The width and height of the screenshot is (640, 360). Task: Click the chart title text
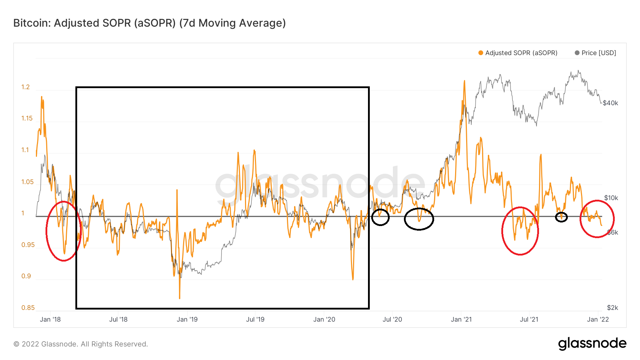(149, 23)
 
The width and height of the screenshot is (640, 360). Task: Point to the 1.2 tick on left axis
(26, 87)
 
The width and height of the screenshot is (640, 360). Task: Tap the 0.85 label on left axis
(28, 308)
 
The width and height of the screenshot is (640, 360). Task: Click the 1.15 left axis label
(27, 118)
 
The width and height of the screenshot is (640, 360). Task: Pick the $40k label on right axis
(610, 103)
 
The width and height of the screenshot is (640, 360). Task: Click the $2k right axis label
(612, 308)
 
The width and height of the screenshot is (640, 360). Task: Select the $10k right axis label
(611, 198)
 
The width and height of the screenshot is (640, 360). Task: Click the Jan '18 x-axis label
(50, 319)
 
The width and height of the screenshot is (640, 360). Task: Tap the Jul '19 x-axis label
(255, 319)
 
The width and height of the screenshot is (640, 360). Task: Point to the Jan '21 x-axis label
(461, 319)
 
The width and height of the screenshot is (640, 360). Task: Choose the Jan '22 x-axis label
(598, 319)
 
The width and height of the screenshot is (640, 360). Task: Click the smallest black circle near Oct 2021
(561, 217)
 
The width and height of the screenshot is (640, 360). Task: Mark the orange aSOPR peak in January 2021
(464, 81)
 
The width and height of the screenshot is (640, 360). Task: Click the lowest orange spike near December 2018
(180, 298)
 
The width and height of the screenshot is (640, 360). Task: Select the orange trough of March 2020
(353, 279)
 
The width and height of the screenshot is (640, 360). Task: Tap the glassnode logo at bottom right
(592, 344)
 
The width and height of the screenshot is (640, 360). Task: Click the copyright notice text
(81, 344)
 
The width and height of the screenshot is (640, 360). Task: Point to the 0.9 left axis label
(26, 276)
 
